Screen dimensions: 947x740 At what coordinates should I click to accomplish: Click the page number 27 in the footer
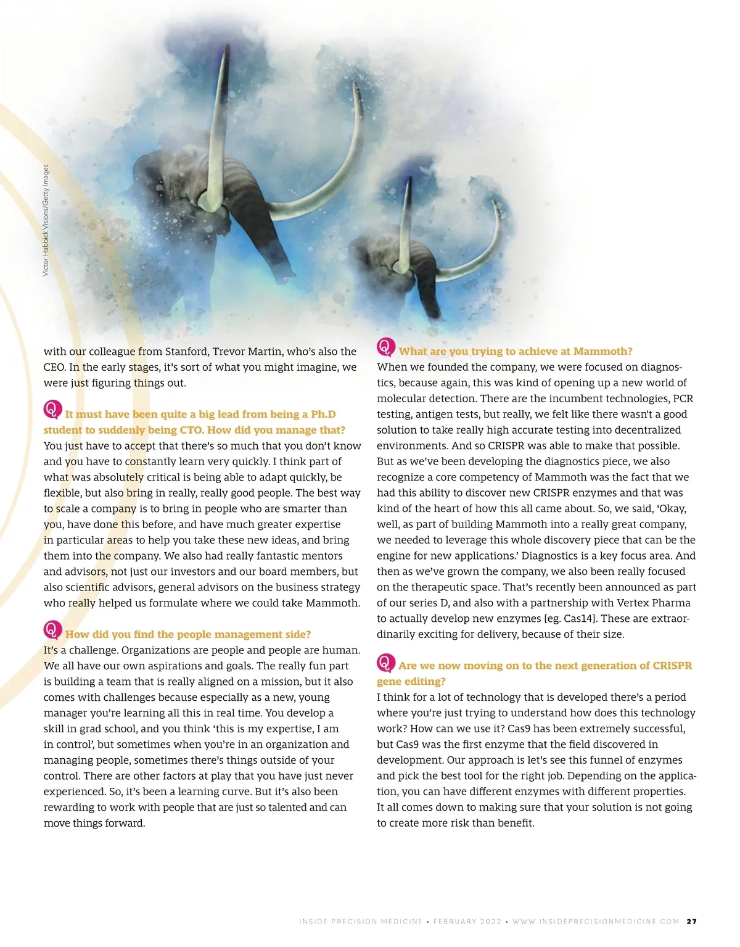coord(692,921)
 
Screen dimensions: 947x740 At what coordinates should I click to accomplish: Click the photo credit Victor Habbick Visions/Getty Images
coord(46,220)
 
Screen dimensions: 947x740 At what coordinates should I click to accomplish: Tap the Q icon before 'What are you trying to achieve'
coord(385,347)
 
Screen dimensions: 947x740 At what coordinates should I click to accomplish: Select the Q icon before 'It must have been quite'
coord(52,410)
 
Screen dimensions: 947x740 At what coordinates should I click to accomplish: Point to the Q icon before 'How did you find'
coord(52,630)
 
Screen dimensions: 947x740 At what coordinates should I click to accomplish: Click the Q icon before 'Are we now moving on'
coord(385,663)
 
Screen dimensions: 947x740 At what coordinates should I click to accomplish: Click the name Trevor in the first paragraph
coord(228,352)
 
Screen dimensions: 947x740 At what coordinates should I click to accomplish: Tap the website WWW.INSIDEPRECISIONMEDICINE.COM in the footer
coord(596,922)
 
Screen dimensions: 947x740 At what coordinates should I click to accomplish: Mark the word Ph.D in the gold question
coord(323,415)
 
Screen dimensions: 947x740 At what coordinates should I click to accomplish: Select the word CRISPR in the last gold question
coord(672,666)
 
